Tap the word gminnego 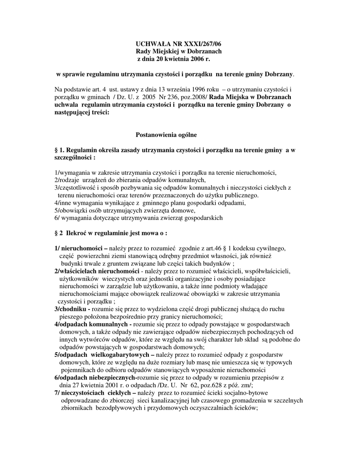(x=143, y=203)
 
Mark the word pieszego (x=70, y=317)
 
